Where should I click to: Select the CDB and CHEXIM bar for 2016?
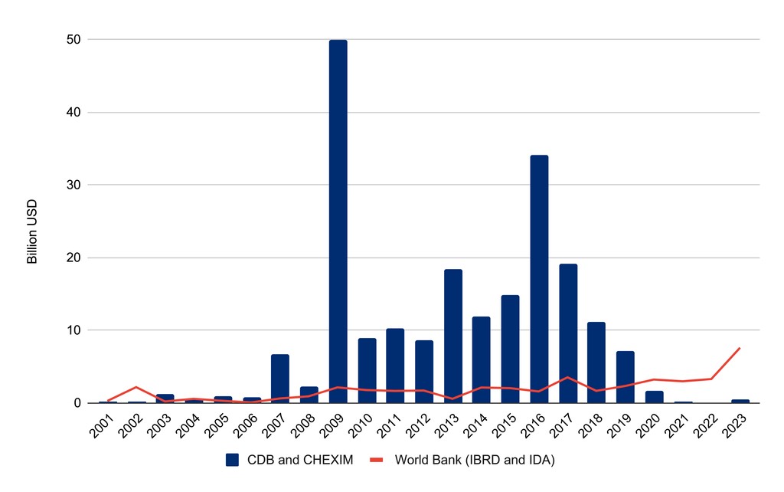tap(539, 279)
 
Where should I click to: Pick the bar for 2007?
tap(280, 379)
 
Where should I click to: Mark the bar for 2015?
tap(510, 349)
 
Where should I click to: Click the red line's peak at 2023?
tap(740, 348)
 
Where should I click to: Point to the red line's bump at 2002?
tap(136, 387)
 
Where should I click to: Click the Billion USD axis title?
tap(32, 232)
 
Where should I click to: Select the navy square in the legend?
tap(233, 460)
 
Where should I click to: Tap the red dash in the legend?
tap(376, 460)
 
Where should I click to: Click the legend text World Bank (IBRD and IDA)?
tap(475, 461)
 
